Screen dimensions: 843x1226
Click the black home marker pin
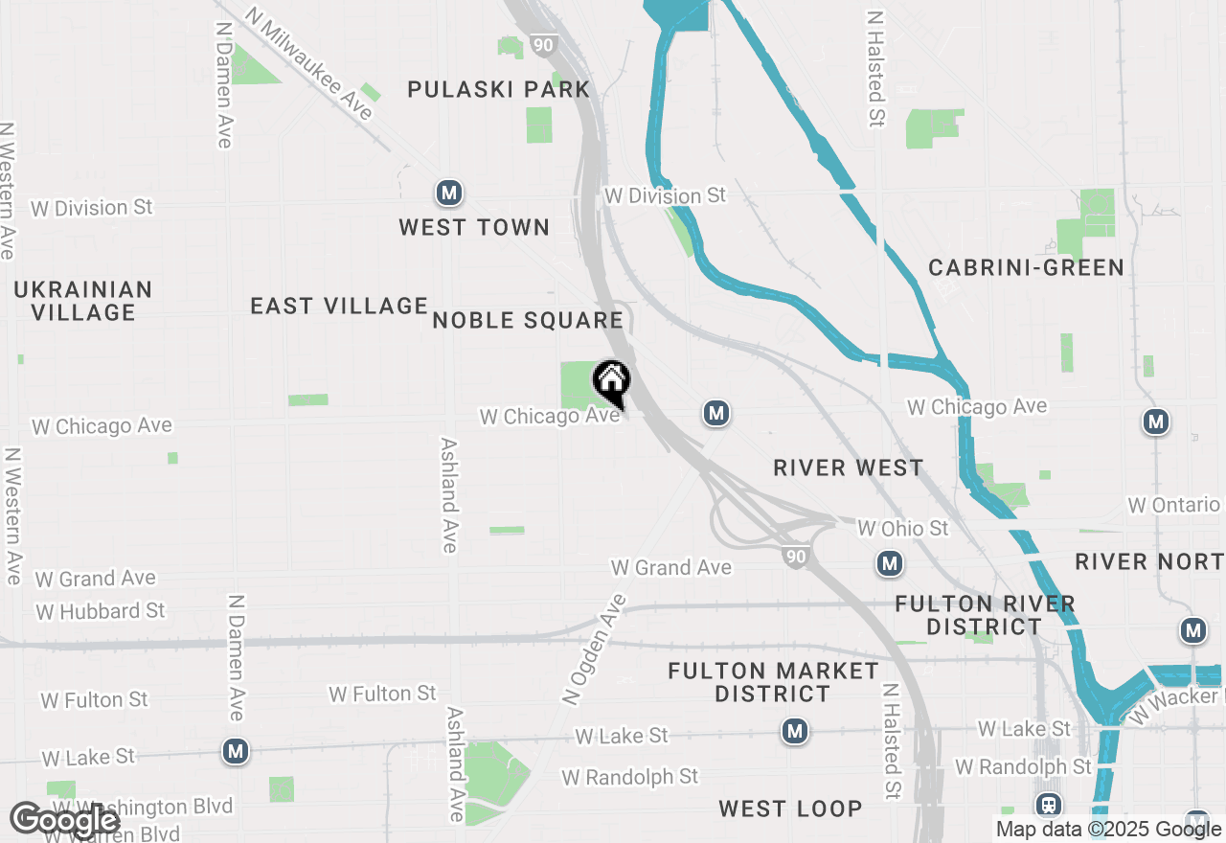(611, 382)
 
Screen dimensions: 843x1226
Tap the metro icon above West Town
(448, 194)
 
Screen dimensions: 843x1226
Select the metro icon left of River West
(715, 413)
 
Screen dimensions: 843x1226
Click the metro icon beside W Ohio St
(890, 563)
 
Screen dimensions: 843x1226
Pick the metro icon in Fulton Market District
(794, 732)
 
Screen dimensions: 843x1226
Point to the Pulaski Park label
(498, 90)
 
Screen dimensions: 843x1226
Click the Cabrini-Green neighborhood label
(1026, 267)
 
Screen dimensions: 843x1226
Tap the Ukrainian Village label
(82, 301)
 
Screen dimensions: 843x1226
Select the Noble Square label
(528, 321)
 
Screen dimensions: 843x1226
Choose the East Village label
(339, 306)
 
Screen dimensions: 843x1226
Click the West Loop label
(790, 809)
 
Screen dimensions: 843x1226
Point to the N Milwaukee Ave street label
(308, 64)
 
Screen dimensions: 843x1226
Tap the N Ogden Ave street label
(595, 649)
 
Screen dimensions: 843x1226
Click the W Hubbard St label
(101, 611)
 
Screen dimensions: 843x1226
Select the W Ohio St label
(902, 528)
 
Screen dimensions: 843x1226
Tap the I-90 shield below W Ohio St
(795, 557)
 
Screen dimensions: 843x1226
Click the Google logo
(65, 820)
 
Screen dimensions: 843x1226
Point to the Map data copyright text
(1108, 830)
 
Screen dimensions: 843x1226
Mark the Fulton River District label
(985, 615)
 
